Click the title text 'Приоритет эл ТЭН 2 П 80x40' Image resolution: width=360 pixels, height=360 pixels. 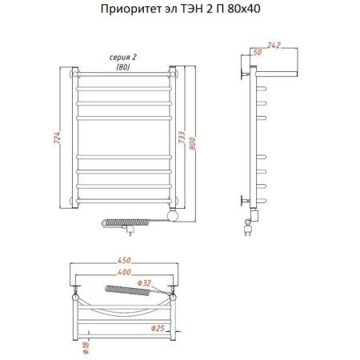click(179, 11)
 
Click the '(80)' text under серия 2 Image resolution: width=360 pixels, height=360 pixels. click(122, 67)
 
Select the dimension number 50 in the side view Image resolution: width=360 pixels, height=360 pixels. click(256, 53)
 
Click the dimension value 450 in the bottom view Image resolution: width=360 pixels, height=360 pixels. click(122, 259)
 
